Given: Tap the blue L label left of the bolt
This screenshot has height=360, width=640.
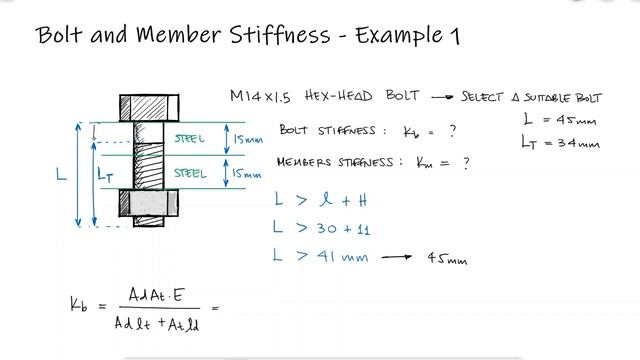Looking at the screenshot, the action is pyautogui.click(x=62, y=175).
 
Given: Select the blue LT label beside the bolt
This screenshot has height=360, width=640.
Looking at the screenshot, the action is pyautogui.click(x=105, y=174).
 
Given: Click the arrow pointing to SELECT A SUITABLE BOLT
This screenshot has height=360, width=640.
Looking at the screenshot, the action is pyautogui.click(x=443, y=97).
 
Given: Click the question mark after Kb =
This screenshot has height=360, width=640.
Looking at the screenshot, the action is pyautogui.click(x=453, y=131).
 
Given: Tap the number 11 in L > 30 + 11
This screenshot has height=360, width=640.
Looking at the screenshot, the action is pyautogui.click(x=363, y=229).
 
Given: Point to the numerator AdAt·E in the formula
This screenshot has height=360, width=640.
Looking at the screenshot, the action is pyautogui.click(x=161, y=294).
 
